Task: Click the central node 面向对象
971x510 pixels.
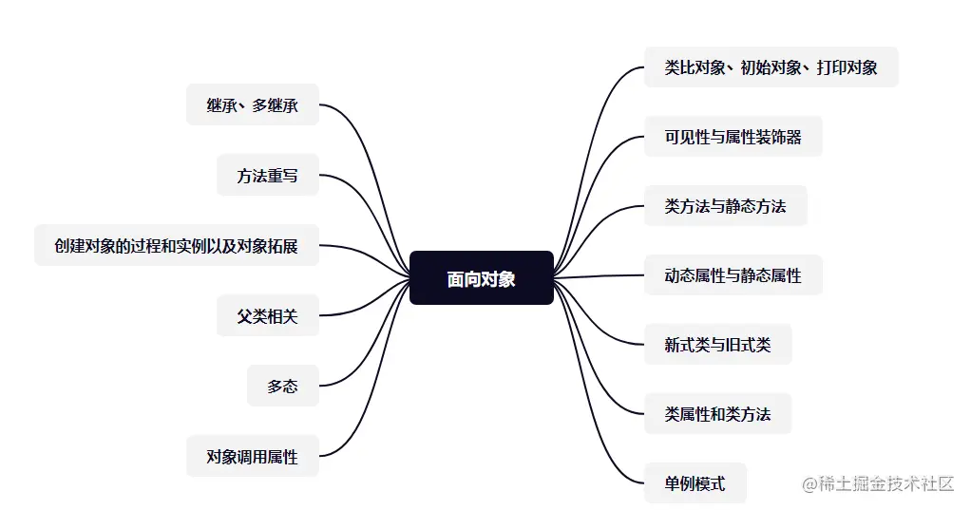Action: (x=481, y=278)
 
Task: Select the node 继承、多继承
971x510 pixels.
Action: (x=253, y=105)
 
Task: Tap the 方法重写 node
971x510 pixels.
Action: (x=268, y=176)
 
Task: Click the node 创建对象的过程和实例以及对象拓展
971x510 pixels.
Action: (x=177, y=246)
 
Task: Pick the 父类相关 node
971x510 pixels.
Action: (x=268, y=316)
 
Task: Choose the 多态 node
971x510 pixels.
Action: (x=283, y=386)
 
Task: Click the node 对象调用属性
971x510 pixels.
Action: (x=253, y=456)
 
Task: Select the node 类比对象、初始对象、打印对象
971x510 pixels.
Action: (x=771, y=67)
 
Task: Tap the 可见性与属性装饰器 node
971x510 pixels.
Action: (x=733, y=137)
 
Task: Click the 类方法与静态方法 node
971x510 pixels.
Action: (x=725, y=206)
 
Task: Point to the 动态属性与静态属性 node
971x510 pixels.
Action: (x=733, y=275)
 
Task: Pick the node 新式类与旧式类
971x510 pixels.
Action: (x=717, y=345)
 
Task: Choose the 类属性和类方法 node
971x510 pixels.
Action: (x=717, y=414)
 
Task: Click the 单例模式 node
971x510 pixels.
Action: (x=695, y=483)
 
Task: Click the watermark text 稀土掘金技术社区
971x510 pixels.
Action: (x=879, y=484)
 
